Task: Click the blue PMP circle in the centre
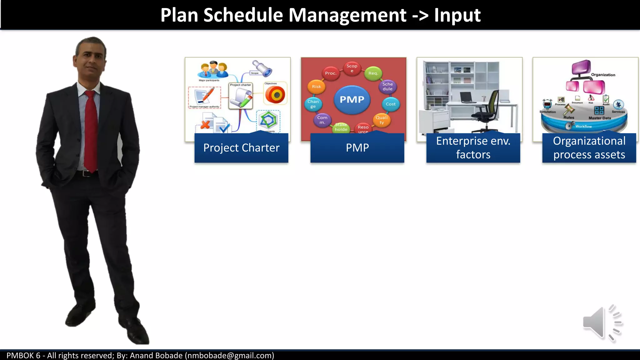[352, 99]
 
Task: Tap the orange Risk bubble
[316, 87]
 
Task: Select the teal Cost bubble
[390, 104]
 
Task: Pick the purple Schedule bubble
[387, 87]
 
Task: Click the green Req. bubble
[373, 73]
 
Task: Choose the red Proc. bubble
[330, 73]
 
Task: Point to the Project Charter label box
[241, 148]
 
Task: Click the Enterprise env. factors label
[473, 148]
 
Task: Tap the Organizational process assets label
[589, 148]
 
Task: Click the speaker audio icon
[602, 323]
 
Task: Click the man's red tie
[91, 131]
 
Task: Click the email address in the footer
[229, 356]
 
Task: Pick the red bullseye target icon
[275, 95]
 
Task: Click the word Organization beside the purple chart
[603, 75]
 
